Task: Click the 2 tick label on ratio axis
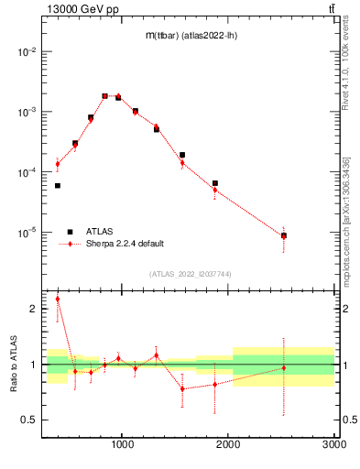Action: (x=34, y=309)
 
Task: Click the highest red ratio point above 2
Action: (x=58, y=299)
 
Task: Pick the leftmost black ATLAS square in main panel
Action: (x=58, y=186)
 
